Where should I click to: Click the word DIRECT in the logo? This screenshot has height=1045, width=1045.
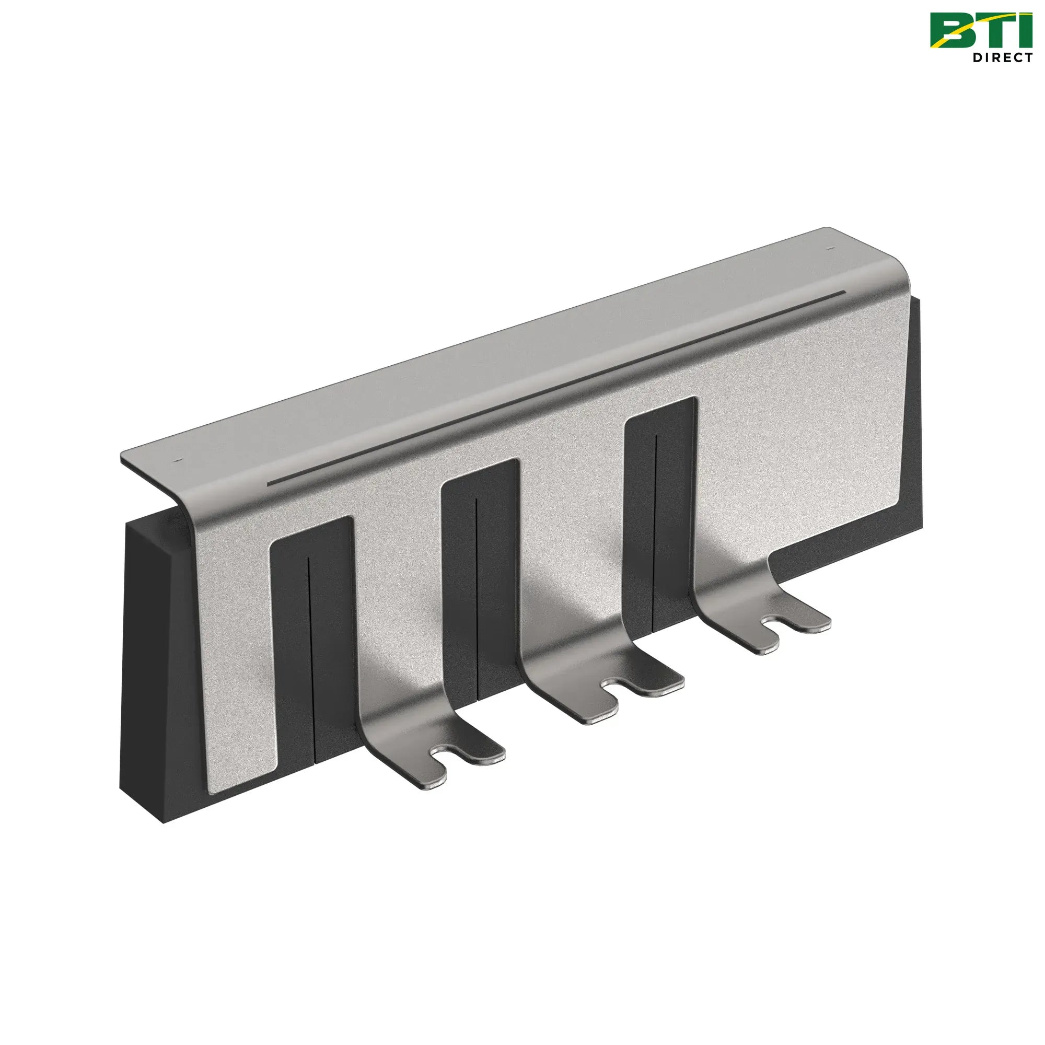click(x=1002, y=57)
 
